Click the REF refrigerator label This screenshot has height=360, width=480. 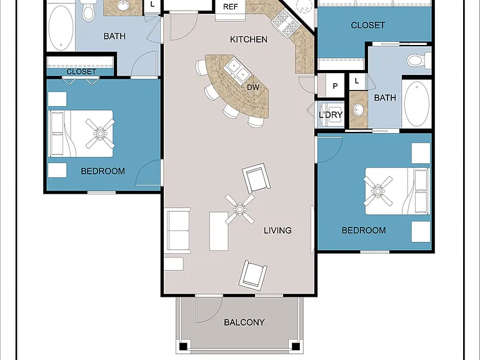230,7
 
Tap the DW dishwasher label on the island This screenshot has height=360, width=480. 253,87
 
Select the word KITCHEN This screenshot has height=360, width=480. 249,39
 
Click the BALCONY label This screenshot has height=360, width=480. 244,322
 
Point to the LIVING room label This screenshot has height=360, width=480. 277,230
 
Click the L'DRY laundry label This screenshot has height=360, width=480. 330,115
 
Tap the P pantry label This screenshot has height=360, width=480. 335,86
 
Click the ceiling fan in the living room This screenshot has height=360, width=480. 240,209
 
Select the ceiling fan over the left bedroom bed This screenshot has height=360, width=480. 100,134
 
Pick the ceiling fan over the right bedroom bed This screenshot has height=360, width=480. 378,191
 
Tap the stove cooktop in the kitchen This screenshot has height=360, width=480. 286,24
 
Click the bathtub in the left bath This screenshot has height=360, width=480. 61,28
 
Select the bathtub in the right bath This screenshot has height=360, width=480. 417,104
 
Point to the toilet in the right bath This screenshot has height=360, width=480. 418,59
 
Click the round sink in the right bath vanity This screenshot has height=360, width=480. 358,109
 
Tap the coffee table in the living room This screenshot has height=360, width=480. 219,231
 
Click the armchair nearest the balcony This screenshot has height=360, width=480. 253,276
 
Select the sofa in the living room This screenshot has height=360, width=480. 177,231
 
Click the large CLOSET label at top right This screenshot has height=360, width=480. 367,25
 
